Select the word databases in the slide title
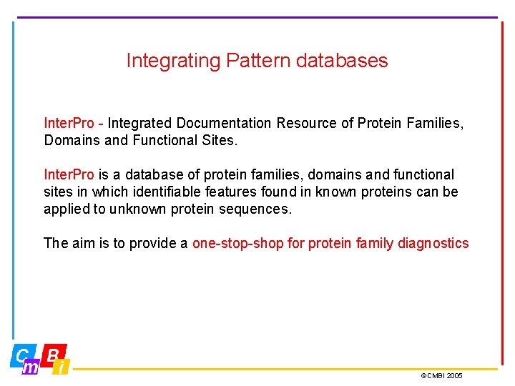341,61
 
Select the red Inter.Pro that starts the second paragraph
69,175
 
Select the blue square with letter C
22,354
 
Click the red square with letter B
54,353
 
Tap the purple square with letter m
31,367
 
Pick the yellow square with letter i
62,367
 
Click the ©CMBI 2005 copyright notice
441,375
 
